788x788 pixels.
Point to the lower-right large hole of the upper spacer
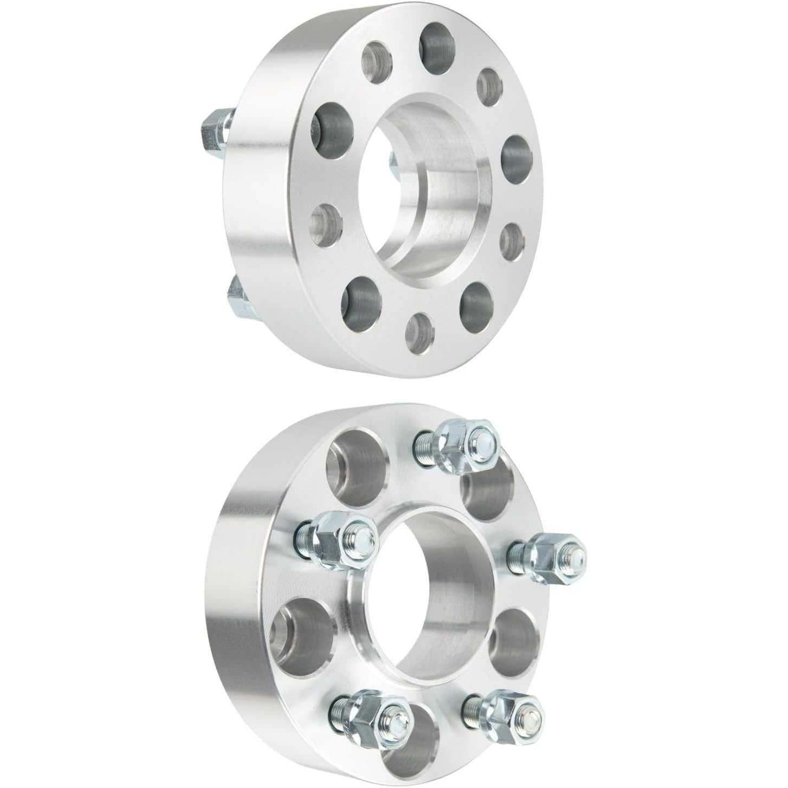[x=476, y=300]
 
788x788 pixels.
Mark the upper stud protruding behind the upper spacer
[x=217, y=128]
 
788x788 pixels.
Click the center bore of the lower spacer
[x=428, y=591]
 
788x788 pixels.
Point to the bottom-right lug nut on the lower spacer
[x=509, y=715]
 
